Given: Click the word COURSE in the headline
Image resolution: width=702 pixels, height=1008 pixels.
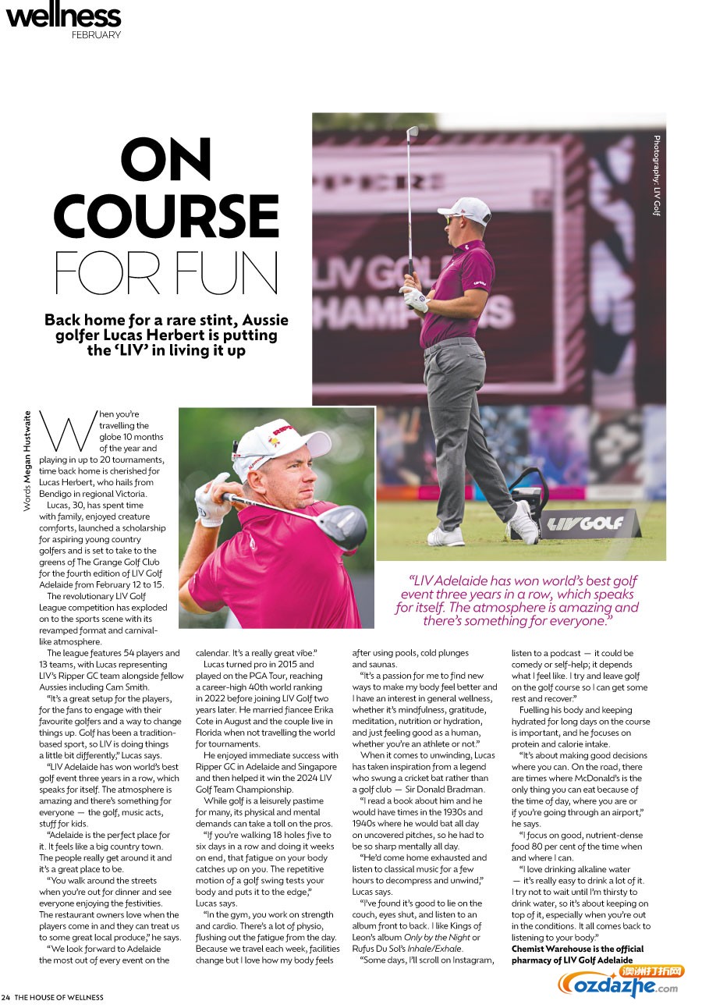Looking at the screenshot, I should pos(166,216).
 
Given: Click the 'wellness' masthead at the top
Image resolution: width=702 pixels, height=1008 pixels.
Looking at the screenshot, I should pos(63,15).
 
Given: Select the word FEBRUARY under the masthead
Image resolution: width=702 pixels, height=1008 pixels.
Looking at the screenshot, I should pos(96,35).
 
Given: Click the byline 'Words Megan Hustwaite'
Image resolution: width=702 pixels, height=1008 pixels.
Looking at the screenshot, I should pos(27,461).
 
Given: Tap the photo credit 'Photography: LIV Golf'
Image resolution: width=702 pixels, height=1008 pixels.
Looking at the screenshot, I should pos(657,176).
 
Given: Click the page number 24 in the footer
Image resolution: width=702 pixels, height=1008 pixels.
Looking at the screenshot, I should pos(5,997).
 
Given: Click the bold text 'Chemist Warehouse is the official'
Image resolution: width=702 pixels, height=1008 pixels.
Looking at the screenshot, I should pos(577,949).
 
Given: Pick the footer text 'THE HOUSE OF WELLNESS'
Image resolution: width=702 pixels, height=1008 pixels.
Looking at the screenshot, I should pos(59,997).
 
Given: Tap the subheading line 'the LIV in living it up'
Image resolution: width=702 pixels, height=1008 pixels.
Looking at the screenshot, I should pos(166,350).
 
